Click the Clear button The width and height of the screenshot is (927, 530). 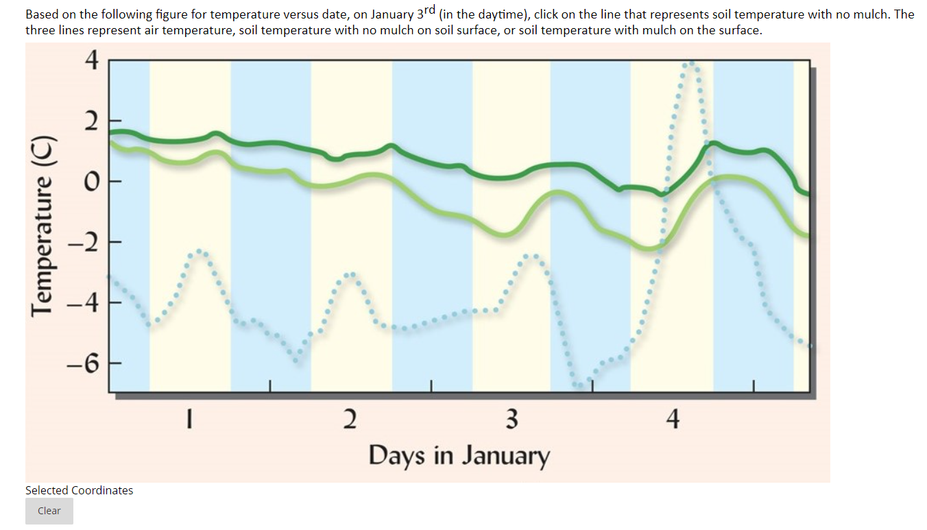point(49,511)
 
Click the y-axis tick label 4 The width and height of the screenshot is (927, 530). point(92,61)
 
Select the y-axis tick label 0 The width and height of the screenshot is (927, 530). point(92,182)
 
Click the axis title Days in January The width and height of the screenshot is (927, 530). point(459,455)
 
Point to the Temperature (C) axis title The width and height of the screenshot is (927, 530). point(45,227)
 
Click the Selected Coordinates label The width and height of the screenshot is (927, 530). point(80,490)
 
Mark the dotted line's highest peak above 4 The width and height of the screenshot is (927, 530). point(691,63)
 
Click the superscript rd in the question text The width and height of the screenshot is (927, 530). point(426,9)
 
